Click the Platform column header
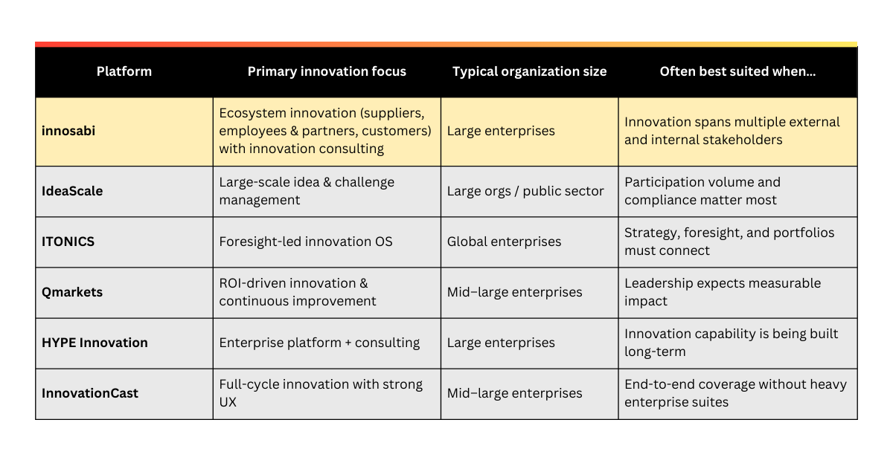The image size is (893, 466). (x=124, y=71)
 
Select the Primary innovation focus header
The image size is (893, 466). (x=327, y=71)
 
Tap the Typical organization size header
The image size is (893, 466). (x=529, y=71)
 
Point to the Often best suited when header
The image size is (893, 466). (x=737, y=71)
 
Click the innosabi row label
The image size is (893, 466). (x=68, y=131)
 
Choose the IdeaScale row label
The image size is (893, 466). (x=72, y=191)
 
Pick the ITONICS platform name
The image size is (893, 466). (x=68, y=242)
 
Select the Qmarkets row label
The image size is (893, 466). (x=72, y=292)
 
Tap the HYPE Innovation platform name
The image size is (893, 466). (x=95, y=343)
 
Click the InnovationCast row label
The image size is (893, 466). (x=90, y=393)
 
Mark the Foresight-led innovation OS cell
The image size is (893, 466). (x=305, y=242)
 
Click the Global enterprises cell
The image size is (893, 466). (x=504, y=242)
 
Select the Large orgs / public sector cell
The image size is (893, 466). (x=525, y=191)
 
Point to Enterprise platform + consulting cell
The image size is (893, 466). (x=319, y=343)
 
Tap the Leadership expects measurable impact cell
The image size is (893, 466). (x=722, y=292)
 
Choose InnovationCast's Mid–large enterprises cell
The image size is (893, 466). (x=514, y=393)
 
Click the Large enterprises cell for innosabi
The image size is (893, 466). (x=501, y=131)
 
